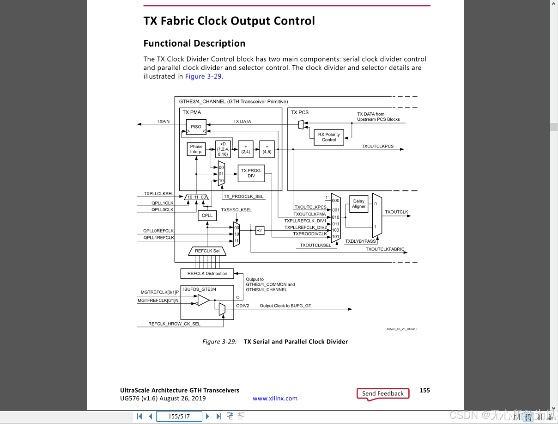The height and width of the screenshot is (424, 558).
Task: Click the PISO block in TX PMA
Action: pos(196,127)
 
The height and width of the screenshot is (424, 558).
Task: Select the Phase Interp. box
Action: pos(196,149)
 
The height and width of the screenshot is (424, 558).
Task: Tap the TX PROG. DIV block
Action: pos(251,173)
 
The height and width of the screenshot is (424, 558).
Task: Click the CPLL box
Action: pos(207,215)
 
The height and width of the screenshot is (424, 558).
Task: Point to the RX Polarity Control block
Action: pos(329,137)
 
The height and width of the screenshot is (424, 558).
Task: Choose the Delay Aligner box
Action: pos(358,204)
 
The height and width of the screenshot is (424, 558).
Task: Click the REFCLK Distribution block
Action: pos(207,274)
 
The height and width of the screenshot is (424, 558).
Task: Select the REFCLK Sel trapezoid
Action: pos(207,251)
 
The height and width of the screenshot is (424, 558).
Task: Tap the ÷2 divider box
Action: pos(260,230)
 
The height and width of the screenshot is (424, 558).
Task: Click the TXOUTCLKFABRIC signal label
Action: pos(385,249)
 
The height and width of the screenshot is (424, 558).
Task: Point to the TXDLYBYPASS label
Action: pos(360,241)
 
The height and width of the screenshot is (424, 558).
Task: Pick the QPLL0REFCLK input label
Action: pos(158,231)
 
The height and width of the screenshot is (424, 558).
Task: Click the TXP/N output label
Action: pos(163,122)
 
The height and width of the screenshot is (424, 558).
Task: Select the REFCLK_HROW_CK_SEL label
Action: pos(174,324)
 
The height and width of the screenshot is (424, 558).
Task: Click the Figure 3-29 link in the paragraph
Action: pos(203,76)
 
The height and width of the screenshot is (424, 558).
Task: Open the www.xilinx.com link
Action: pos(275,399)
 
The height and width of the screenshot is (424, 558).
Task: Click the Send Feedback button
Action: pos(383,393)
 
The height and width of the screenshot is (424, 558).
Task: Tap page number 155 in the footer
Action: pos(425,390)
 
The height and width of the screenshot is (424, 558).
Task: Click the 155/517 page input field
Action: pos(179,417)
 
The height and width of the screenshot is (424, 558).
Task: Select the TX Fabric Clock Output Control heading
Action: pos(229,21)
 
